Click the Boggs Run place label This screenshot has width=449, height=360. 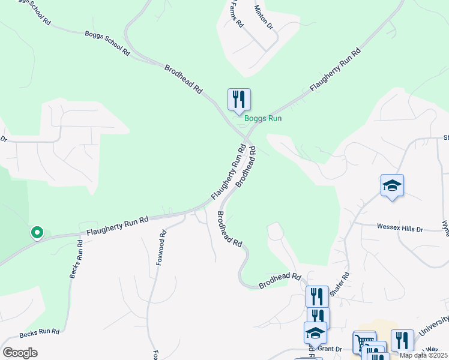[263, 119]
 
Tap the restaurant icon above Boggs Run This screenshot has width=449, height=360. [239, 100]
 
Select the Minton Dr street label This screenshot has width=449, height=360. [264, 19]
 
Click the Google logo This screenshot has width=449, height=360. [20, 353]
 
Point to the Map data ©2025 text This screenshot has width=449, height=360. [423, 355]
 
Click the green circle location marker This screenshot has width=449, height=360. [37, 232]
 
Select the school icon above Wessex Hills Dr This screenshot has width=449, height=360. [392, 186]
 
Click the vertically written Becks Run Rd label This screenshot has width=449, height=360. [75, 259]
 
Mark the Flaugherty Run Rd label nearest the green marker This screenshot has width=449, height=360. [117, 226]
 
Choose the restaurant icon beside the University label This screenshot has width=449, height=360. [402, 341]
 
